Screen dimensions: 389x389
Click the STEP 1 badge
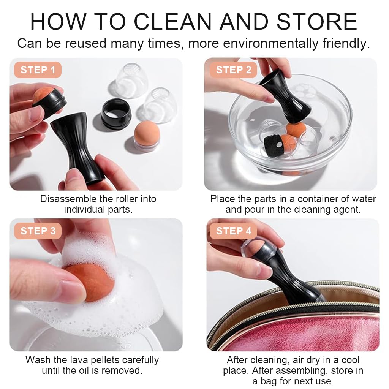coord(38,70)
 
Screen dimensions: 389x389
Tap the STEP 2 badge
coord(234,70)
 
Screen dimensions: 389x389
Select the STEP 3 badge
coord(38,231)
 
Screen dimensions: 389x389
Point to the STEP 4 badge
coord(234,231)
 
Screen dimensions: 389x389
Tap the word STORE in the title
coord(317,22)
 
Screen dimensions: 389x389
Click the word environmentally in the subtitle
coord(270,44)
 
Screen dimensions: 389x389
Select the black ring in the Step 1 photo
coord(116,113)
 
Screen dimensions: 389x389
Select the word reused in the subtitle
coord(85,43)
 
